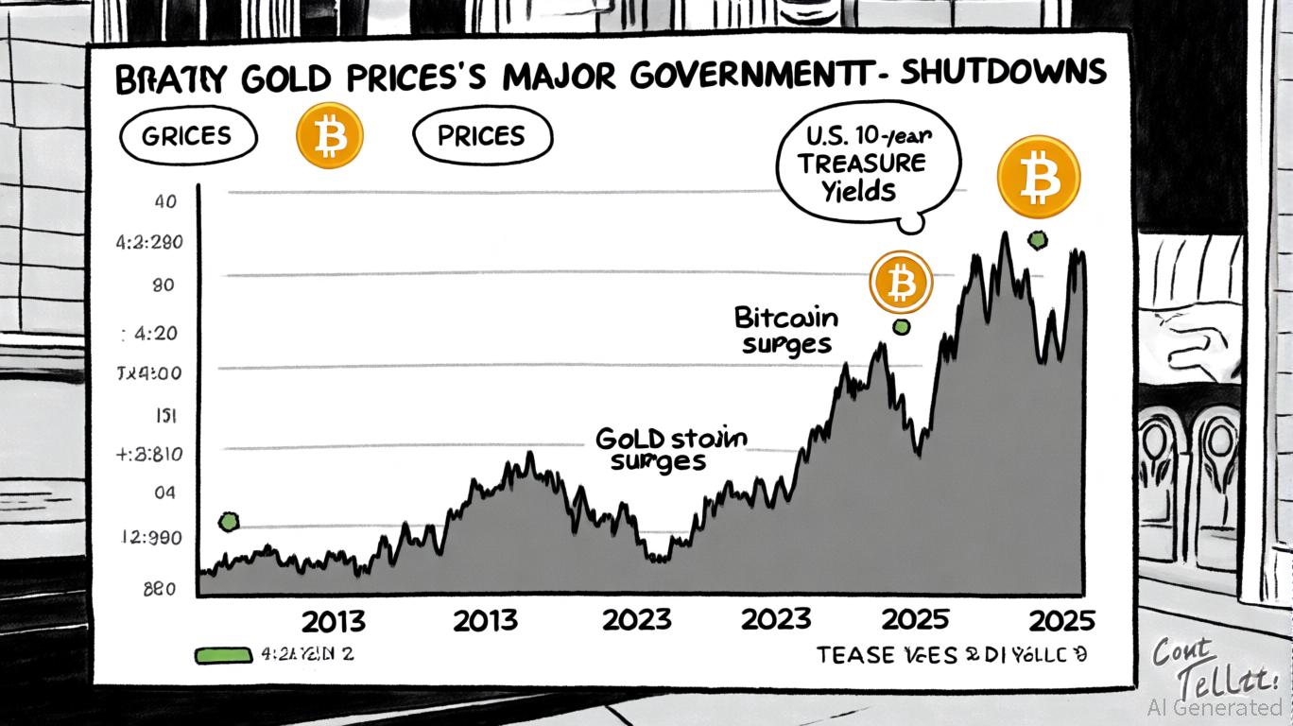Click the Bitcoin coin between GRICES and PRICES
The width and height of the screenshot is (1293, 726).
[329, 136]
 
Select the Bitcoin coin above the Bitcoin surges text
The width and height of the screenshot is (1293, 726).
[901, 282]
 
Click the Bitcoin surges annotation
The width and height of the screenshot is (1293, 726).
[785, 330]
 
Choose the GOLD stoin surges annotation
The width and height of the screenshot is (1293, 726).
[671, 449]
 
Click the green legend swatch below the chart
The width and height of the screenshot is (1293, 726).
[223, 654]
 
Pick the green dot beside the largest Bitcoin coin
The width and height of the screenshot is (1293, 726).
[1038, 240]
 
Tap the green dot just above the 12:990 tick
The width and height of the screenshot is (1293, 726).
[228, 521]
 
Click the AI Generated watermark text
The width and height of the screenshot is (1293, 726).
[1213, 707]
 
